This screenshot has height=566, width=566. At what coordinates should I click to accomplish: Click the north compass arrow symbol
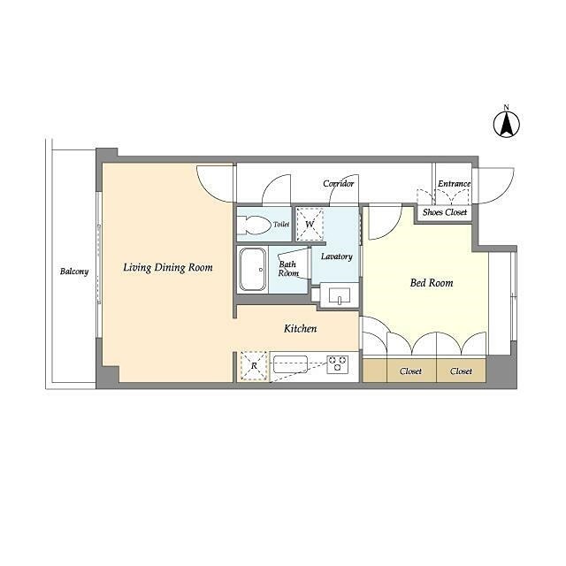(507, 125)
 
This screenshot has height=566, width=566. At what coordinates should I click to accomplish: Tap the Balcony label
(74, 272)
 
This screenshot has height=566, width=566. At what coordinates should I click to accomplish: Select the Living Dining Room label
(168, 267)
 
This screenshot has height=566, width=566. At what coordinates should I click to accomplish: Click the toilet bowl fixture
(254, 226)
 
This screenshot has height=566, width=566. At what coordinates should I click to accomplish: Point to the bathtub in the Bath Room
(252, 269)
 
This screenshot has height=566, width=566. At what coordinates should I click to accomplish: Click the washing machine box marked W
(310, 225)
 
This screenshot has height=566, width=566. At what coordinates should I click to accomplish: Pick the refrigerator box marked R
(254, 365)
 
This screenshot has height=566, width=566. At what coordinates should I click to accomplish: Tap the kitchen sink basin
(290, 364)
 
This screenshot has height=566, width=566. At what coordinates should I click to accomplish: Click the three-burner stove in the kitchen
(338, 364)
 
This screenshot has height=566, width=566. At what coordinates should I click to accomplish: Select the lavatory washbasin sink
(340, 295)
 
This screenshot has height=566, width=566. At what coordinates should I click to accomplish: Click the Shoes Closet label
(445, 212)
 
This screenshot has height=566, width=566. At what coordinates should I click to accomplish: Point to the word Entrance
(454, 184)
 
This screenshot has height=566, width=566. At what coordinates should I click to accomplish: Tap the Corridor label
(338, 184)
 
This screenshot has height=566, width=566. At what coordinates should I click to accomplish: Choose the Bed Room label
(432, 283)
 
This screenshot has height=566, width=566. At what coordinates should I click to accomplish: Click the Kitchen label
(301, 328)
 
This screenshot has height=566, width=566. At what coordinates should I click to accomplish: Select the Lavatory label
(336, 256)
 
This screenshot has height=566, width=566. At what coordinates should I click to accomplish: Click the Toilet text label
(281, 224)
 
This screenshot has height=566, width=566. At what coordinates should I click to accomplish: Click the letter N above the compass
(507, 107)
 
